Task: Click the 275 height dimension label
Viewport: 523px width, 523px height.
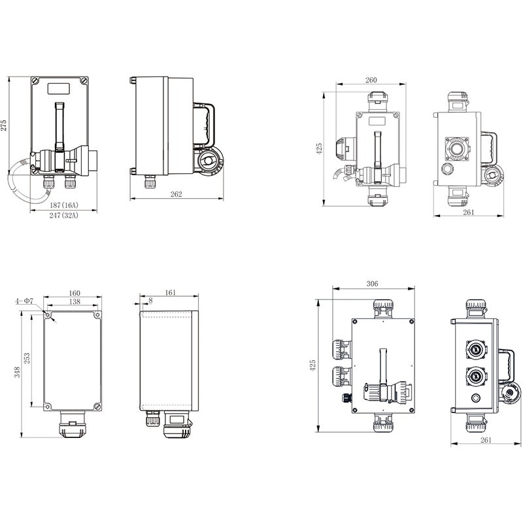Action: click(x=5, y=126)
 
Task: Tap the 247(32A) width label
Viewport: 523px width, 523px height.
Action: click(x=63, y=216)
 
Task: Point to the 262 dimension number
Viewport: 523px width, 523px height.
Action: click(x=176, y=194)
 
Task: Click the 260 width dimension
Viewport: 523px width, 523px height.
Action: click(x=371, y=80)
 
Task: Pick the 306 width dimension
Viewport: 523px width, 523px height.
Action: click(x=373, y=284)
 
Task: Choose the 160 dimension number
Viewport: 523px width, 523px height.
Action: click(x=73, y=294)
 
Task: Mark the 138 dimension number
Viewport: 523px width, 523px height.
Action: click(x=73, y=303)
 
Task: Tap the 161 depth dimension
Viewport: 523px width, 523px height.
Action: click(x=171, y=294)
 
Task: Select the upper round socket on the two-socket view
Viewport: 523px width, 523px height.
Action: click(x=475, y=350)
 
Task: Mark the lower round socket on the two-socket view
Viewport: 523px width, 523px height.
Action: click(x=475, y=377)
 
